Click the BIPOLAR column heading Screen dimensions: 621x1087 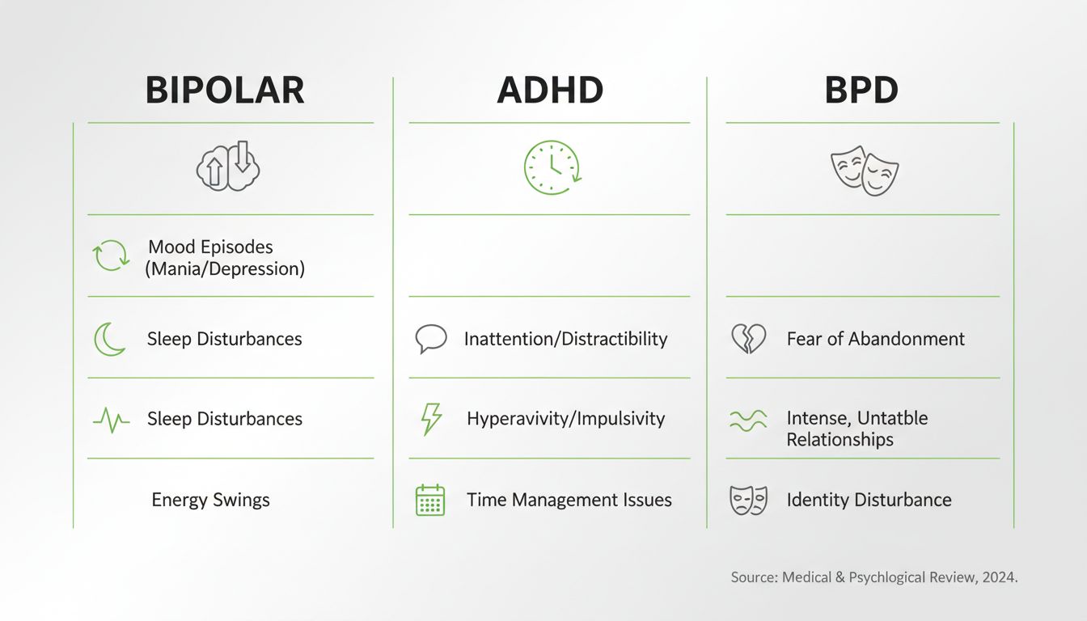coord(225,91)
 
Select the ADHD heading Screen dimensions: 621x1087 coord(550,91)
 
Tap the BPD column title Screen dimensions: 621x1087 coord(861,91)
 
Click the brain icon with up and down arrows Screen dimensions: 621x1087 coord(228,167)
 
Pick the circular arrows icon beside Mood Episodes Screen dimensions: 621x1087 coord(111,256)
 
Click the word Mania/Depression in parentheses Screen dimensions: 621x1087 coord(225,269)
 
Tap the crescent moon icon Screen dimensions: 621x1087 coord(110,339)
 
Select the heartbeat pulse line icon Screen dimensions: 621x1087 coord(111,420)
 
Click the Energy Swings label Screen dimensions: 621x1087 coord(210,500)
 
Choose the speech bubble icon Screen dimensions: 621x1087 coord(431,339)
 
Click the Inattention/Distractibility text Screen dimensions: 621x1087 coord(565,339)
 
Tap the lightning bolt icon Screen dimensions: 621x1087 coord(432,420)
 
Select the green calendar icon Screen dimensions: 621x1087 coord(430,501)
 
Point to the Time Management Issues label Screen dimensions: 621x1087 coord(569,500)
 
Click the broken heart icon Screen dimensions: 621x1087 coord(748,339)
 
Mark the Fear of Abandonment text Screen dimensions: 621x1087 coord(875,339)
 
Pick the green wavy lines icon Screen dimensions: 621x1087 coord(748,420)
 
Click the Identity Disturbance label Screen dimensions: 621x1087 coord(869,500)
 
